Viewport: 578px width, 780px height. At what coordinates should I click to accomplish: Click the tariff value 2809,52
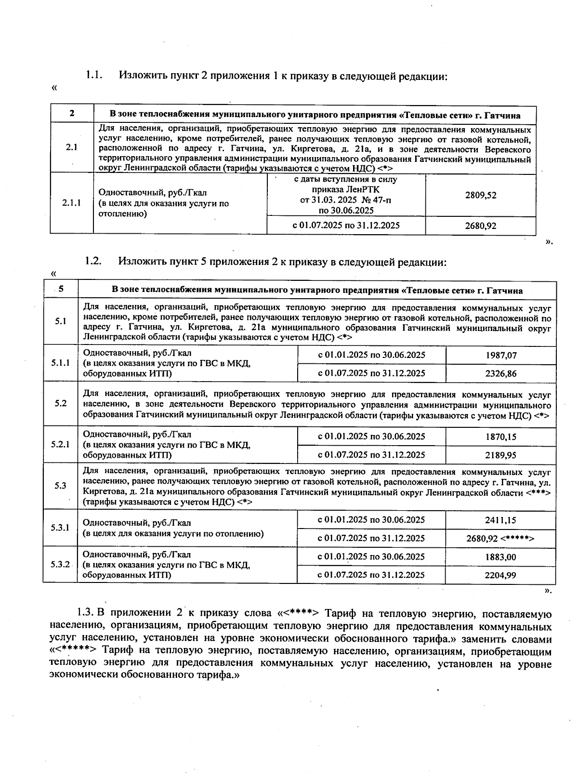point(481,195)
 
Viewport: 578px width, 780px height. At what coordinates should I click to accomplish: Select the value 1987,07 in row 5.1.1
point(501,355)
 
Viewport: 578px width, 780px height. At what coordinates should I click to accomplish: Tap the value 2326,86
point(501,373)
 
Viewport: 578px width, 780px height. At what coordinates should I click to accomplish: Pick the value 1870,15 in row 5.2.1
point(501,436)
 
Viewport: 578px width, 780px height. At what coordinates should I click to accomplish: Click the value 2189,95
point(501,455)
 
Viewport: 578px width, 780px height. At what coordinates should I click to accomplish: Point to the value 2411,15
point(501,520)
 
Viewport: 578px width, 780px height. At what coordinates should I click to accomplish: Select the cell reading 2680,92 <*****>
point(500,538)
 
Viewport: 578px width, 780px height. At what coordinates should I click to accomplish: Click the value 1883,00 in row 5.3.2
point(501,556)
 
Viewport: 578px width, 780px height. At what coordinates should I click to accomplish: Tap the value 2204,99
point(501,575)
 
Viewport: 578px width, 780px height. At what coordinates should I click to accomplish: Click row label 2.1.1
point(72,203)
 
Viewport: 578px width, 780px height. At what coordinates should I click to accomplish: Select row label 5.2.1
point(61,444)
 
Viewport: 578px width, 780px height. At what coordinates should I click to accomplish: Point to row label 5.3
point(61,486)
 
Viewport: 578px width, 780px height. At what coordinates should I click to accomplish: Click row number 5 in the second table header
point(61,290)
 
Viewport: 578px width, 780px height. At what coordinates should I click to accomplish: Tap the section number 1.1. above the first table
point(94,75)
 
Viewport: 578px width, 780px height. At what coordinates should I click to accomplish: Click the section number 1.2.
point(93,262)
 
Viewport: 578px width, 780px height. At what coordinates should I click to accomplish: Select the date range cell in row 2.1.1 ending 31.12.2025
point(346,225)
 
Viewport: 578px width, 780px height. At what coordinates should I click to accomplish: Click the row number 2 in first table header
point(72,114)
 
